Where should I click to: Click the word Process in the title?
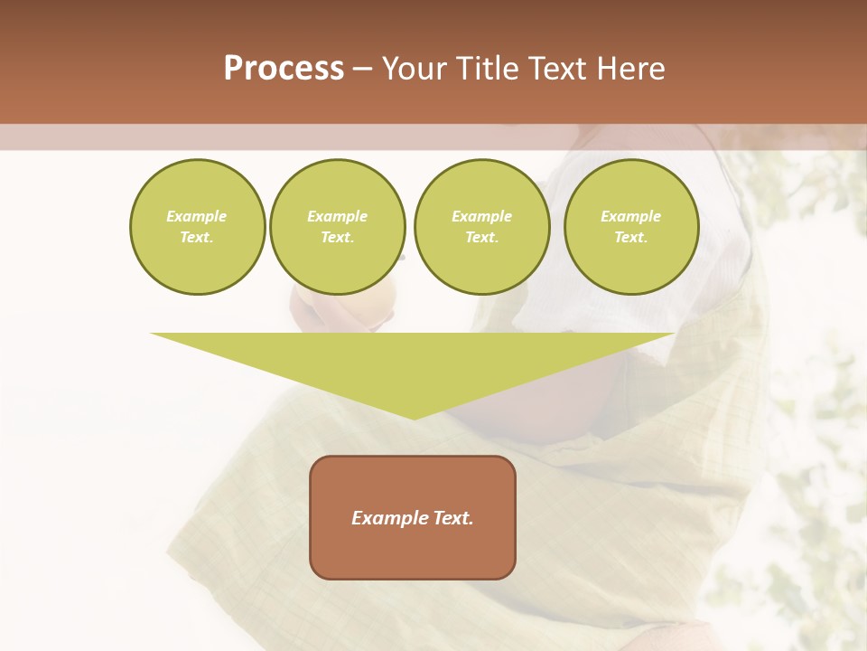pos(284,69)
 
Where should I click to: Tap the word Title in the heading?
pos(486,69)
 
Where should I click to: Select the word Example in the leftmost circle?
pos(197,216)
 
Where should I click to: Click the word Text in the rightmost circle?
pos(631,237)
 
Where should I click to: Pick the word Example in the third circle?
pos(481,216)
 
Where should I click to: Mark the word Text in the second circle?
pos(338,237)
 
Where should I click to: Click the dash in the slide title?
pos(363,69)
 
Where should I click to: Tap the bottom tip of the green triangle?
pos(413,417)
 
